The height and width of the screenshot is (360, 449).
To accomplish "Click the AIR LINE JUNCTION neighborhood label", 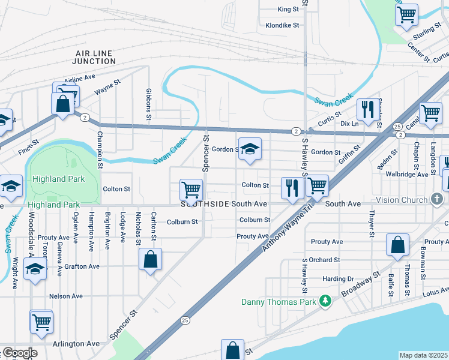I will click(x=94, y=57).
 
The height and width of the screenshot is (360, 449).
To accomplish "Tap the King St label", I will click(x=288, y=10).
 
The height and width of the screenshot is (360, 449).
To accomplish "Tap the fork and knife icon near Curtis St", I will click(x=367, y=109).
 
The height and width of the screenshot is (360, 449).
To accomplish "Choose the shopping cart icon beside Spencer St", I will click(x=191, y=190).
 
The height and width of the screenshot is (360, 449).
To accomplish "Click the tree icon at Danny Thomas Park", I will click(x=325, y=301).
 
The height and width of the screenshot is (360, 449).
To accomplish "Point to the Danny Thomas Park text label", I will click(x=279, y=302).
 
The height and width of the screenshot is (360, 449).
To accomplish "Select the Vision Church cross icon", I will click(x=438, y=199).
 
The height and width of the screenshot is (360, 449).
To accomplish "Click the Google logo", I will click(x=19, y=353).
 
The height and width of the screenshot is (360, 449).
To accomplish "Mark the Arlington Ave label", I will click(x=76, y=344).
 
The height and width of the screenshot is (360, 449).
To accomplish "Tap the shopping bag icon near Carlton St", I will click(x=150, y=260).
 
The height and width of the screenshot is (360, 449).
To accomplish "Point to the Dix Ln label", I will click(x=349, y=124).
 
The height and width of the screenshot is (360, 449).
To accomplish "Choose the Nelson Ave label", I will click(x=66, y=296).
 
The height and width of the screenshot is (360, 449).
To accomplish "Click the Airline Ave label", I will click(x=80, y=78).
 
